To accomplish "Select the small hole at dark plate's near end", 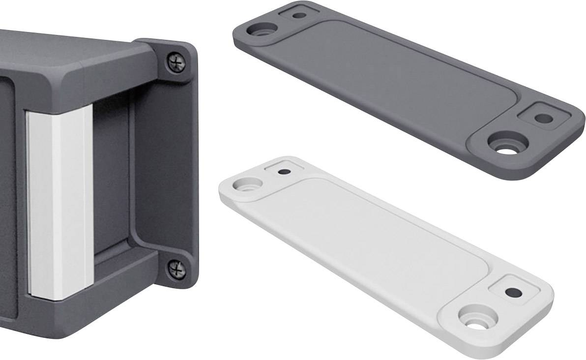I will pyautogui.click(x=544, y=119).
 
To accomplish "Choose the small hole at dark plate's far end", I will pyautogui.click(x=298, y=15).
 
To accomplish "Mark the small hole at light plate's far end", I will pyautogui.click(x=284, y=172).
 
